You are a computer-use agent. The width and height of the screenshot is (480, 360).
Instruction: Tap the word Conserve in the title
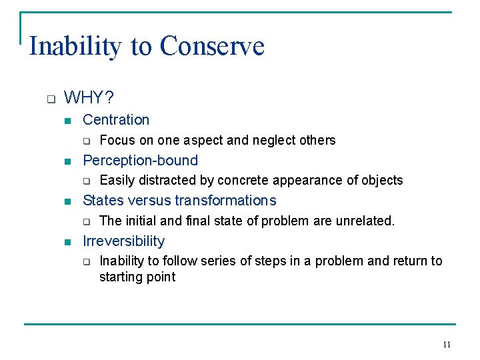[212, 47]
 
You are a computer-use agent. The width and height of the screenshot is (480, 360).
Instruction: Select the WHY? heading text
[89, 99]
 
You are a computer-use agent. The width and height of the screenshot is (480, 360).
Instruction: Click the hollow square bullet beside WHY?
[50, 99]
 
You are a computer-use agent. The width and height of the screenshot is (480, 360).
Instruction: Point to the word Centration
[116, 120]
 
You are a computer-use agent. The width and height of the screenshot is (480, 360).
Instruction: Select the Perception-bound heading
[140, 160]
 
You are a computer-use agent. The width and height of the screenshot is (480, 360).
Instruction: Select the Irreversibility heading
[123, 241]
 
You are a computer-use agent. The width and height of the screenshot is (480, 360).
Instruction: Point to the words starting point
[137, 277]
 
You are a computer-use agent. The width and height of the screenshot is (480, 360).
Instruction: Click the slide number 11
[447, 345]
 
